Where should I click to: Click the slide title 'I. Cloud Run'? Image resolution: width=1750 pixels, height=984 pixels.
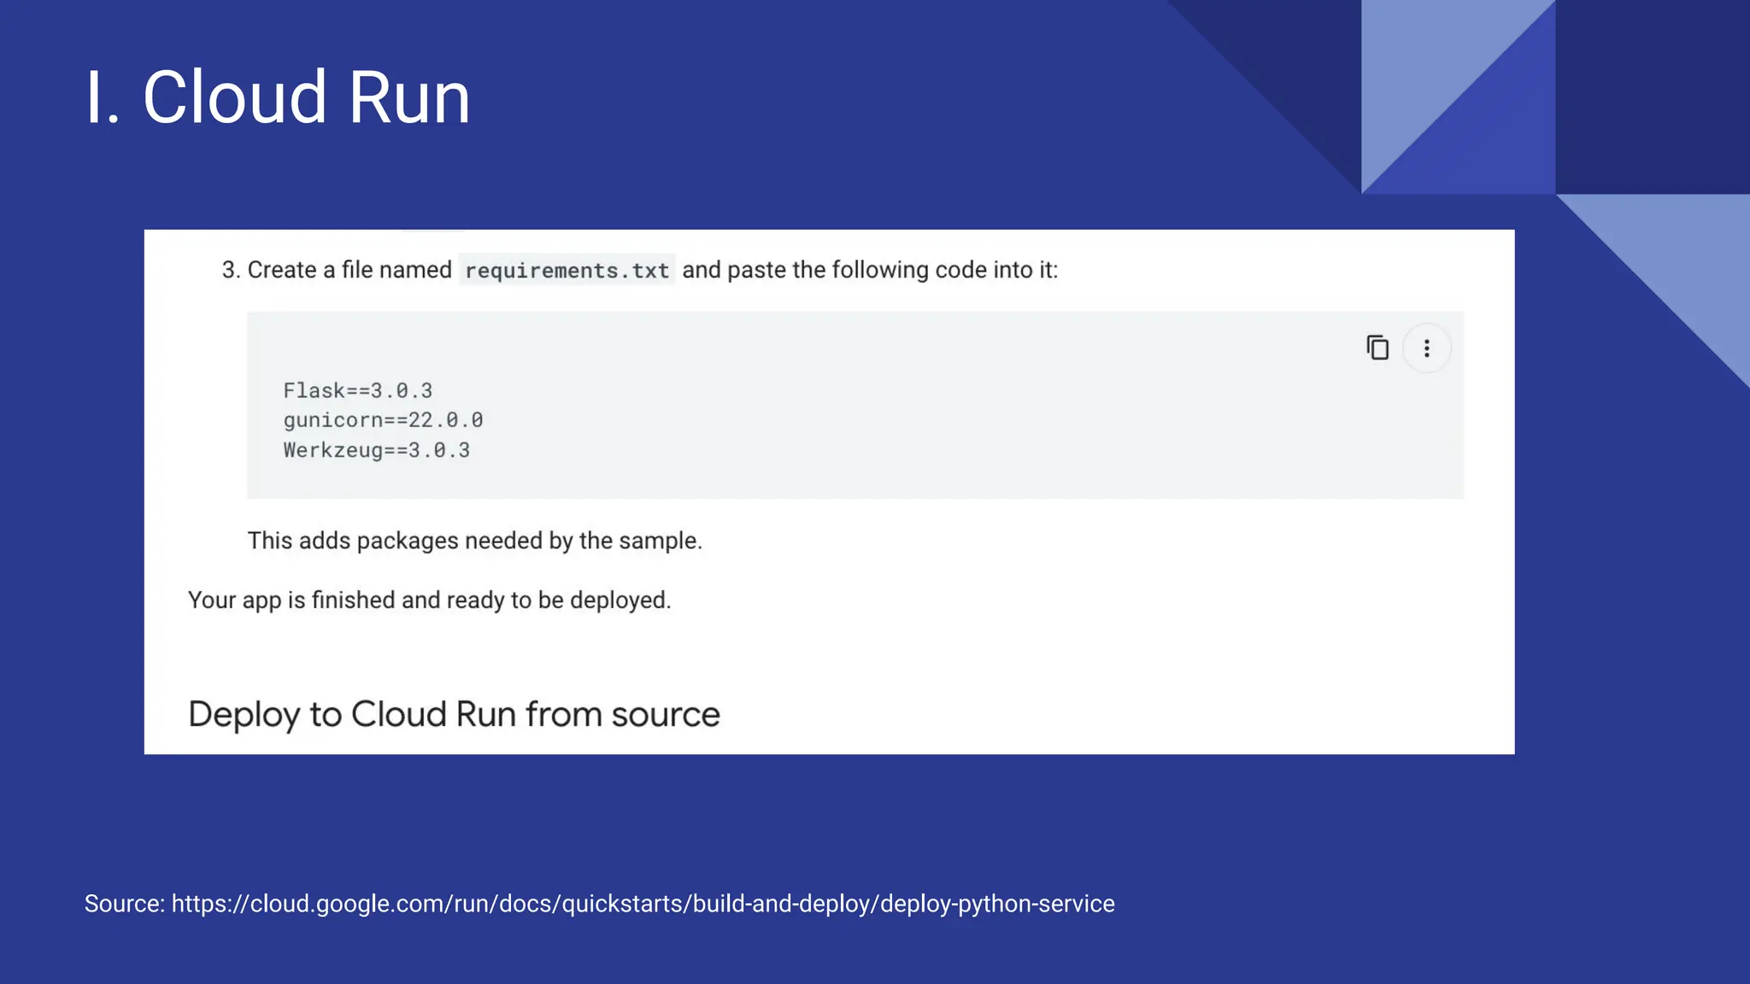278,97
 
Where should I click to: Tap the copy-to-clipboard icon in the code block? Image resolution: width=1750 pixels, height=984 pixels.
1377,348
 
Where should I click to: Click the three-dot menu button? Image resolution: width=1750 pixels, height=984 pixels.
1426,348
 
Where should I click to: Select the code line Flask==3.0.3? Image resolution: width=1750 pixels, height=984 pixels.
358,391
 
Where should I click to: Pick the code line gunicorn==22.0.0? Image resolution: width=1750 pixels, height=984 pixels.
383,420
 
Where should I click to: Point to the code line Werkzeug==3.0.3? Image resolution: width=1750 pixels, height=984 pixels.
376,450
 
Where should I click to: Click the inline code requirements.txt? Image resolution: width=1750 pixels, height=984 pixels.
567,271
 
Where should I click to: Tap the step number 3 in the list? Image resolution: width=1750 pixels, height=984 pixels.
229,270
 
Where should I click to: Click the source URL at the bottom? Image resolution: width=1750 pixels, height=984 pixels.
643,904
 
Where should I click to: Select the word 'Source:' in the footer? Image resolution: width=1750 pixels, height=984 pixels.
125,904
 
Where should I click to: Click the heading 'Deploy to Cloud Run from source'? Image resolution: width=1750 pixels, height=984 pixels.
454,714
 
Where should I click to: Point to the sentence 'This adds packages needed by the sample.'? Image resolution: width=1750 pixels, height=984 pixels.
474,541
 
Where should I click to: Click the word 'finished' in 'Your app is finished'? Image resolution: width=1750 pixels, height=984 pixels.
353,600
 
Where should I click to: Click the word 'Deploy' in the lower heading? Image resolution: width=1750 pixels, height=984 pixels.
244,715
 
